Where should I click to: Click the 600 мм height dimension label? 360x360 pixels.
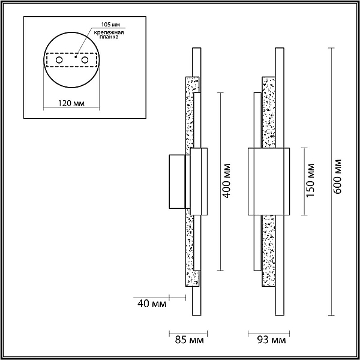tap(337, 176)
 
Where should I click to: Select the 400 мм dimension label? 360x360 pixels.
tap(226, 181)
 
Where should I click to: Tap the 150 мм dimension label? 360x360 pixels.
tap(310, 180)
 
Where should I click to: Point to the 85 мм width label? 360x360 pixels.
tap(189, 340)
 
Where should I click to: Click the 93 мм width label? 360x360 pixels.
tap(272, 340)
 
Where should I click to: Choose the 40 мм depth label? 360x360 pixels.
tap(152, 304)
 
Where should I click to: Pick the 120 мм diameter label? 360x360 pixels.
tap(71, 103)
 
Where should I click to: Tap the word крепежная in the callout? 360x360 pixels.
tap(109, 32)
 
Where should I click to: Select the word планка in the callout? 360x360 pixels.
tap(109, 37)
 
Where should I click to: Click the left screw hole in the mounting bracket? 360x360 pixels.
tap(59, 60)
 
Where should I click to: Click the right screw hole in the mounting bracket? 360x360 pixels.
tap(85, 60)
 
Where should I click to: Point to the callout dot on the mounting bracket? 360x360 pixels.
tap(76, 57)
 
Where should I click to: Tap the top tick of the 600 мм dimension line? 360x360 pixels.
tap(331, 48)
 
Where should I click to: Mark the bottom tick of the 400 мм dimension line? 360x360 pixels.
tap(220, 270)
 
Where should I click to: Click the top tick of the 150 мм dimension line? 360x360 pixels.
tap(304, 148)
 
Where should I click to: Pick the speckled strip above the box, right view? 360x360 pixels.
tap(269, 112)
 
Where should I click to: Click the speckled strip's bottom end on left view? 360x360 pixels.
tap(192, 286)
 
